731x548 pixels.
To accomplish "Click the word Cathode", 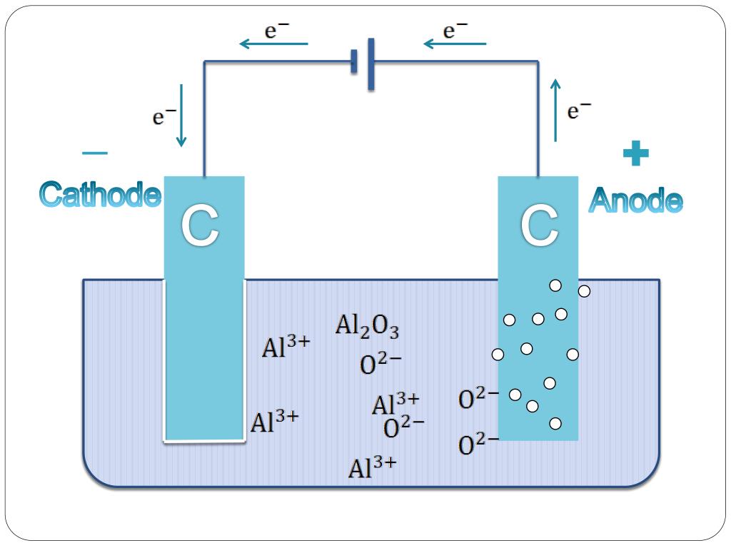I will coord(100,195).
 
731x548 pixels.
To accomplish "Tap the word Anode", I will coord(635,201).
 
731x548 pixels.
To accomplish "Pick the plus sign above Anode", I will coord(635,153).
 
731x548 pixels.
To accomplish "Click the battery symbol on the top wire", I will coord(363,63).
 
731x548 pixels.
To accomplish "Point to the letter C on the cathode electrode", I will coord(199,227).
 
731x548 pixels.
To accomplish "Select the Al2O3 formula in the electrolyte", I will coord(367,328).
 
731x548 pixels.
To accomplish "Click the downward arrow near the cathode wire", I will coord(181,115).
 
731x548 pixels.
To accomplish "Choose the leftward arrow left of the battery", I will coord(273,44).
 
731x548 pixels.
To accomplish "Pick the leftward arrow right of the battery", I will coord(455,44).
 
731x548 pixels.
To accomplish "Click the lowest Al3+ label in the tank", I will coord(372,468).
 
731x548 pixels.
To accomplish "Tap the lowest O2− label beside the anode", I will coord(478,445).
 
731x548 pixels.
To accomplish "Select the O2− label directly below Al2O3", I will coord(380,365).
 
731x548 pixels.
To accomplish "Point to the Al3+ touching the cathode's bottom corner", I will coord(274,422).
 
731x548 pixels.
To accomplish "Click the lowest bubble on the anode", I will coord(555,424).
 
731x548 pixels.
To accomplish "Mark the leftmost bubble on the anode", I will coord(498,355).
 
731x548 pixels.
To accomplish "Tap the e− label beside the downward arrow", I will coord(164,117).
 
